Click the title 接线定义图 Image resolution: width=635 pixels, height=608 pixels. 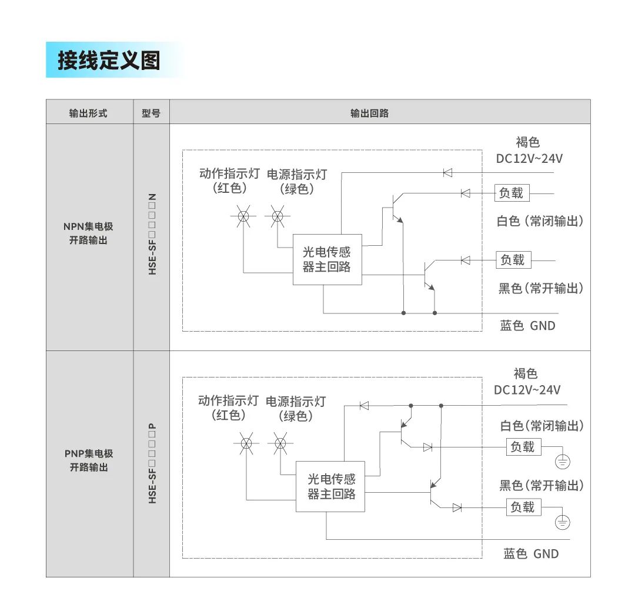click(109, 60)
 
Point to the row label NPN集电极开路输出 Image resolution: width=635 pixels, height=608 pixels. click(88, 233)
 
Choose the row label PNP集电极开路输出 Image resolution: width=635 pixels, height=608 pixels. click(88, 460)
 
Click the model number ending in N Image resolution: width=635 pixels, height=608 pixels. click(152, 234)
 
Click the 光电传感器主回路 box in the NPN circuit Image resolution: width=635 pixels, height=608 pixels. click(327, 259)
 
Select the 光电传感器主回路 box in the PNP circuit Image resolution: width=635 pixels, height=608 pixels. click(331, 486)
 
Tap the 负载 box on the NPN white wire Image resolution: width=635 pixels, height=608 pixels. click(512, 193)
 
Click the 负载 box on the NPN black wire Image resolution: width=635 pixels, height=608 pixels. click(512, 260)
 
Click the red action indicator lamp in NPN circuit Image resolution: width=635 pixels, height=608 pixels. click(243, 217)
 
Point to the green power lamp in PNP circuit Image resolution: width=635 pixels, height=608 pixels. click(280, 443)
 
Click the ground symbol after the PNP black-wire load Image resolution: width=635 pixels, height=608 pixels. click(563, 522)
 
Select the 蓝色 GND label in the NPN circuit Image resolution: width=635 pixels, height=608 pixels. click(527, 326)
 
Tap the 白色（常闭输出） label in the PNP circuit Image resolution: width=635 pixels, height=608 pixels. click(542, 426)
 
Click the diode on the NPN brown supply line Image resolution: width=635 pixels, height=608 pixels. click(447, 172)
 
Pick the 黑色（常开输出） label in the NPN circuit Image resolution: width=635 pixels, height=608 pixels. click(541, 288)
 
